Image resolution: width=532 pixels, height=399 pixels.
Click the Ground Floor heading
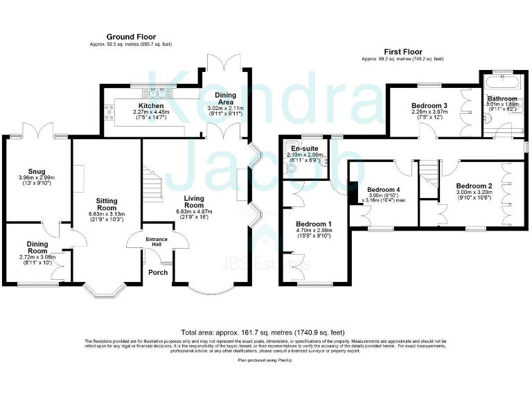(131, 37)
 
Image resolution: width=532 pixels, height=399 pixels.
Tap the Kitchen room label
(150, 106)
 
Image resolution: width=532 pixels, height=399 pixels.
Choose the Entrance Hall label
(157, 242)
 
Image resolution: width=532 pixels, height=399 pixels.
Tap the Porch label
(158, 272)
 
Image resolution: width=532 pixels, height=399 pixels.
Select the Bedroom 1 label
(314, 224)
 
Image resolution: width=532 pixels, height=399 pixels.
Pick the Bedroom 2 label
(474, 186)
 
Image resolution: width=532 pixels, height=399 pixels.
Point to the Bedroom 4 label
(383, 189)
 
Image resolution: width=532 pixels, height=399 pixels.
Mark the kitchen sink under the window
(148, 95)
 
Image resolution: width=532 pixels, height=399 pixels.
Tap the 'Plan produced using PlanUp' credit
(265, 361)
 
